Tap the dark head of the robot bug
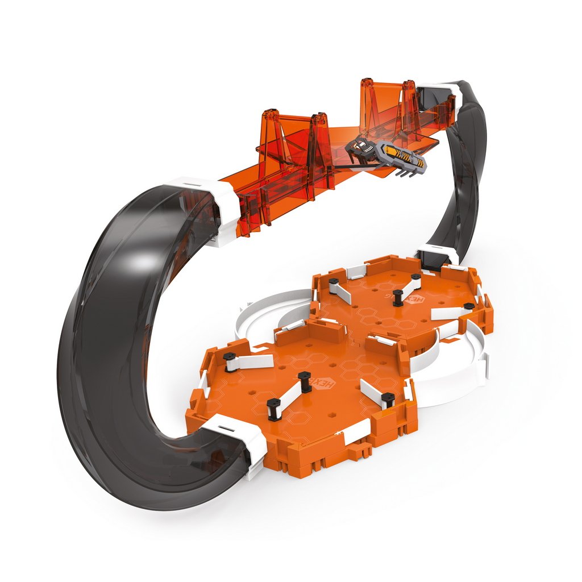pyautogui.click(x=358, y=147)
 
